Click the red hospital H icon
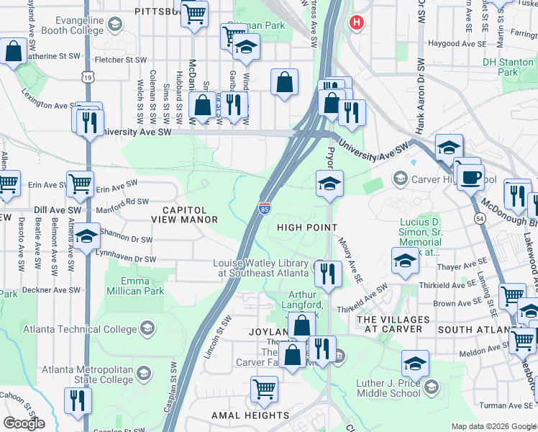(x=355, y=23)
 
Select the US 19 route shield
(x=87, y=76)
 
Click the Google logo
(x=24, y=423)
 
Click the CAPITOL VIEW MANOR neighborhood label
(x=184, y=214)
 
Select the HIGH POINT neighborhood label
(x=307, y=228)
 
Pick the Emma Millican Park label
(x=134, y=286)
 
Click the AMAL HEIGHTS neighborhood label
(x=250, y=415)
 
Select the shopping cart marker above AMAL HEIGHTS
(x=264, y=389)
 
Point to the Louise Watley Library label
(x=263, y=268)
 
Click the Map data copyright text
(x=493, y=426)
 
